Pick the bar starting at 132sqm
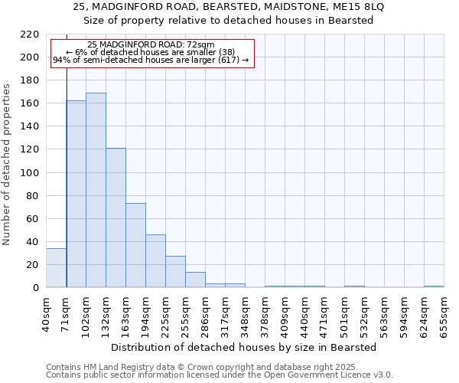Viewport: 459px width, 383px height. pos(116,218)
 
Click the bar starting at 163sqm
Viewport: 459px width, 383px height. pos(135,245)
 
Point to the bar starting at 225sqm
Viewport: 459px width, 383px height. pos(175,272)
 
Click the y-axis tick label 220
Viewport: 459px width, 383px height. pos(30,34)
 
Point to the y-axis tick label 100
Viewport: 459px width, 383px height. pos(30,173)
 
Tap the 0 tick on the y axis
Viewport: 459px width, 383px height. pos(36,288)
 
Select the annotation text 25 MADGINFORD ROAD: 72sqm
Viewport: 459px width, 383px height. pos(151,45)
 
